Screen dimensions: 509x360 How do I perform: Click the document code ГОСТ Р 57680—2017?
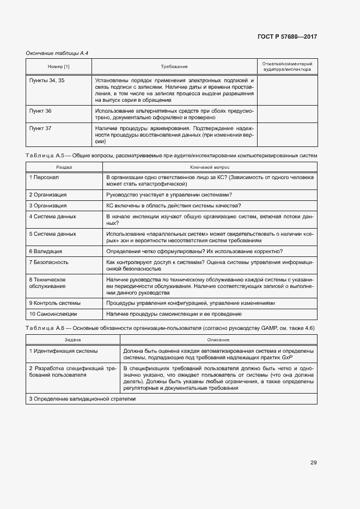[x=287, y=36]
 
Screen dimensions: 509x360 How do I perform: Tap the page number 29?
[x=313, y=463]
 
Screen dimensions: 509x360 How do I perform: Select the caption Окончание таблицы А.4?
[x=57, y=53]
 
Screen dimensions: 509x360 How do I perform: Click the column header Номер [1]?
[x=59, y=66]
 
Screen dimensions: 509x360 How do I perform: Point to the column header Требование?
[x=174, y=66]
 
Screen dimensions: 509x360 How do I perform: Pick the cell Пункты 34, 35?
[x=46, y=80]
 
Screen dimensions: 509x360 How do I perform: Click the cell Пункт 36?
[x=40, y=111]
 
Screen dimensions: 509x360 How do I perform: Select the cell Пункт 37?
[x=40, y=128]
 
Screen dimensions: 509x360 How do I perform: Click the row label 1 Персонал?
[x=44, y=177]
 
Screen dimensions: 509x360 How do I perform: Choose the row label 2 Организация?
[x=48, y=194]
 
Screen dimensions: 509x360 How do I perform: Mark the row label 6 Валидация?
[x=45, y=251]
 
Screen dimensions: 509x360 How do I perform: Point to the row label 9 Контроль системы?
[x=54, y=303]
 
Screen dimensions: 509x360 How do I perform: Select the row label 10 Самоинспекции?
[x=53, y=314]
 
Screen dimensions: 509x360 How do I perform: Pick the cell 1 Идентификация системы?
[x=64, y=351]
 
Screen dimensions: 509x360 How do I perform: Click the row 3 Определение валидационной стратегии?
[x=82, y=399]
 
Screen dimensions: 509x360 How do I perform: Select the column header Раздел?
[x=65, y=168]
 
